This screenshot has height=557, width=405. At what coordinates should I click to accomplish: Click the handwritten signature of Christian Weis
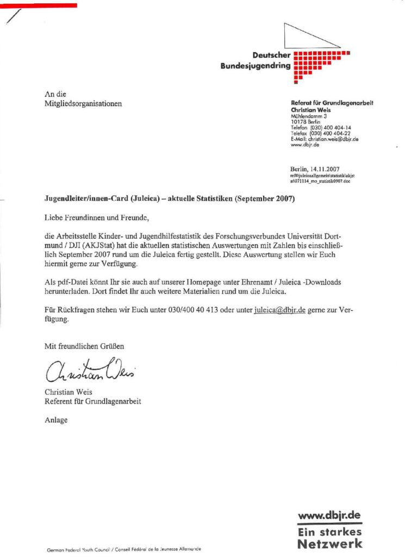[x=90, y=371]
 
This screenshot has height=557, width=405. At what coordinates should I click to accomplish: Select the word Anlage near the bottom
[x=56, y=419]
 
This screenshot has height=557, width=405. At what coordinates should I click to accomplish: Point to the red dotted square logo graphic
[x=318, y=65]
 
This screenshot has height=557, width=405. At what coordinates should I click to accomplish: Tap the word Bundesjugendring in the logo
[x=255, y=66]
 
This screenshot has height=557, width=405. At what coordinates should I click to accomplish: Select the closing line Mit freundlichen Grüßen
[x=84, y=346]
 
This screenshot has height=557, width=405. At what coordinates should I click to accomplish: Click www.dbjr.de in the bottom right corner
[x=329, y=515]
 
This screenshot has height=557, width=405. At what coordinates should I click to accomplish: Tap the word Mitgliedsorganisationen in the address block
[x=83, y=103]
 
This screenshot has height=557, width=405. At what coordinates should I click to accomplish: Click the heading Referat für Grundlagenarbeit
[x=332, y=103]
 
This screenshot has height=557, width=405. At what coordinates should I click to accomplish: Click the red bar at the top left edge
[x=38, y=5]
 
